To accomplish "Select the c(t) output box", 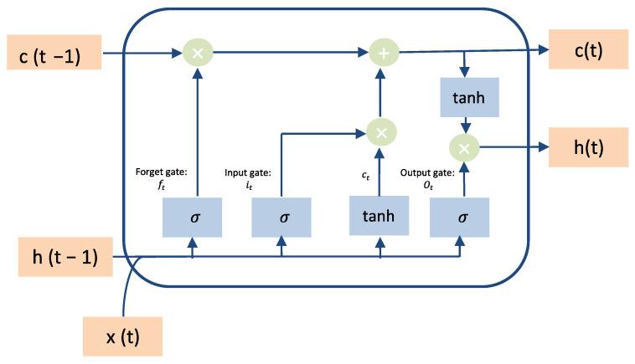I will pos(588,50).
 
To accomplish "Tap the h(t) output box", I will pos(588,148).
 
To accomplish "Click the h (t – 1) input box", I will pos(59,257).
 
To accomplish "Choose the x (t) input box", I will pos(122,337).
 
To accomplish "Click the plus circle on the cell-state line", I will pos(383,54).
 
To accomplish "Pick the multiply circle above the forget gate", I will pos(198,54).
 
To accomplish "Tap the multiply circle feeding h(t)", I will pos(462,148).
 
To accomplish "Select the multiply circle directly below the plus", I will pos(382,132).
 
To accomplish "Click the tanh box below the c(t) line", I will pos(468,99).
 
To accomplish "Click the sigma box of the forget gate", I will pos(194,218).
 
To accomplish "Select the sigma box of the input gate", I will pos(282,218).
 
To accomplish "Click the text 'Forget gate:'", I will pos(162,173).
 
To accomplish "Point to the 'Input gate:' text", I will pos(249,173).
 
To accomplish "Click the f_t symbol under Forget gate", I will pos(163,185).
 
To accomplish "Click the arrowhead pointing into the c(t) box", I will pos(544,51).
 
